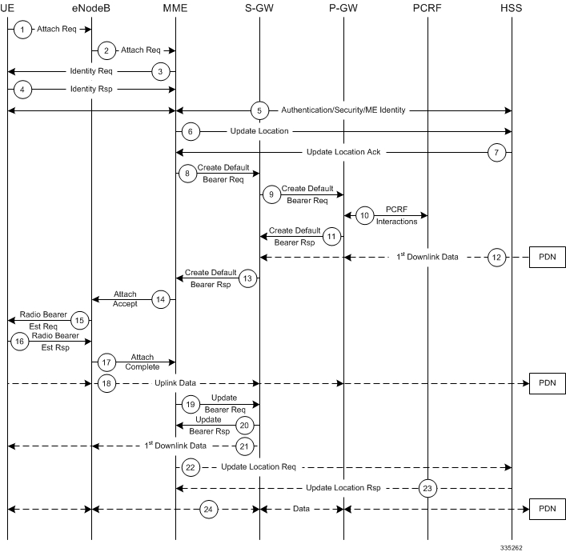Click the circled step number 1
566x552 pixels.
point(24,30)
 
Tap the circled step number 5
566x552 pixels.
point(259,110)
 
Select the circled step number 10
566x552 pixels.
point(364,215)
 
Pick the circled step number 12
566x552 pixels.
point(497,257)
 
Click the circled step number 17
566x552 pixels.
point(108,362)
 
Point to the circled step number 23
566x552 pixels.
point(428,487)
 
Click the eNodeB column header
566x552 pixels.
point(91,7)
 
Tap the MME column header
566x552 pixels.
point(175,7)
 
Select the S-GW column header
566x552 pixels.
point(259,7)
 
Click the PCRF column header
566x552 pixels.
point(428,7)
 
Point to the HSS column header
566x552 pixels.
point(511,7)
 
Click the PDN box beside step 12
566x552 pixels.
point(547,257)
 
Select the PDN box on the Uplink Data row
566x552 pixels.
point(547,383)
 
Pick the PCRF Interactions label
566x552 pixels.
point(397,216)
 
